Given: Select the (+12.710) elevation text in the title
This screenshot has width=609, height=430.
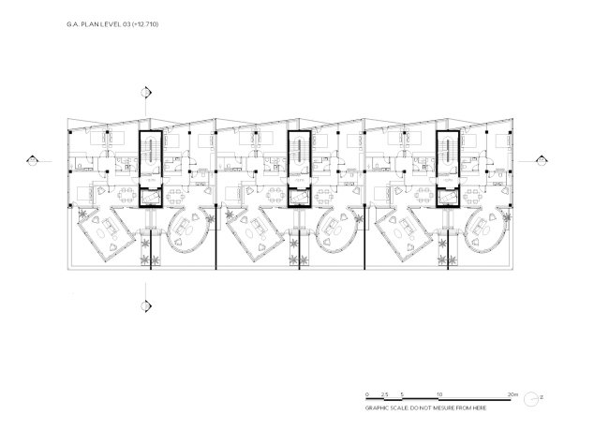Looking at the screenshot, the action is (x=145, y=24).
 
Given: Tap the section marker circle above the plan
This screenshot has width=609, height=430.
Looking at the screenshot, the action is (x=146, y=93).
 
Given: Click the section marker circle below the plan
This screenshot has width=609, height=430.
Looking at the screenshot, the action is (x=146, y=305).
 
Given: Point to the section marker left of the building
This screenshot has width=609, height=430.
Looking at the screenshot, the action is (x=32, y=160).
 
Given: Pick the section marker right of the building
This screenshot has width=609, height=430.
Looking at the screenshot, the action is (x=542, y=160).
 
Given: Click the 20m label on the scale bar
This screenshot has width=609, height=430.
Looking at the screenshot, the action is (x=512, y=394).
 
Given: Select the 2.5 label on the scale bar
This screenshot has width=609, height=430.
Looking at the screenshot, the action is (x=384, y=394).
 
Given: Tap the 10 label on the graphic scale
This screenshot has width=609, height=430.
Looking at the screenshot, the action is (x=439, y=394).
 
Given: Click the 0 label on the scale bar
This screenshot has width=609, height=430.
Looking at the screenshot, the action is (x=367, y=394).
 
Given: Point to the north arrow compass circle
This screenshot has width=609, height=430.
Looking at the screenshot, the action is (x=531, y=399).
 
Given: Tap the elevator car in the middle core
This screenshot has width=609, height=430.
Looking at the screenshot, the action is (x=299, y=198).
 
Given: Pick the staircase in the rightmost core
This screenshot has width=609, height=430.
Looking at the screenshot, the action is (x=448, y=152).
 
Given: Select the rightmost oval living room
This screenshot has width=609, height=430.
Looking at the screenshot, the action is (x=484, y=230).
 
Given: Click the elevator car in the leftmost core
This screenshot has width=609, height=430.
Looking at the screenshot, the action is (x=151, y=198).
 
